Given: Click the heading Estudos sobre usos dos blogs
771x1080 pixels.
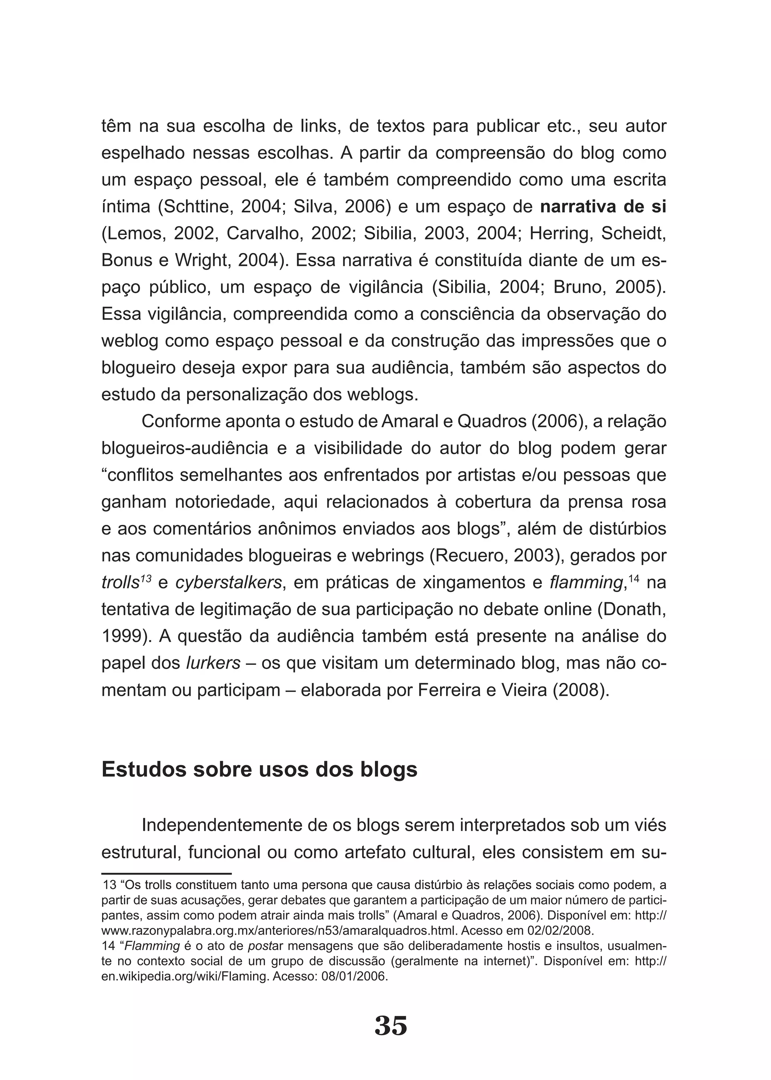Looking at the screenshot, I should [259, 769].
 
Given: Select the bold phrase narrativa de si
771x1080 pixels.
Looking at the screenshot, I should [603, 207].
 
